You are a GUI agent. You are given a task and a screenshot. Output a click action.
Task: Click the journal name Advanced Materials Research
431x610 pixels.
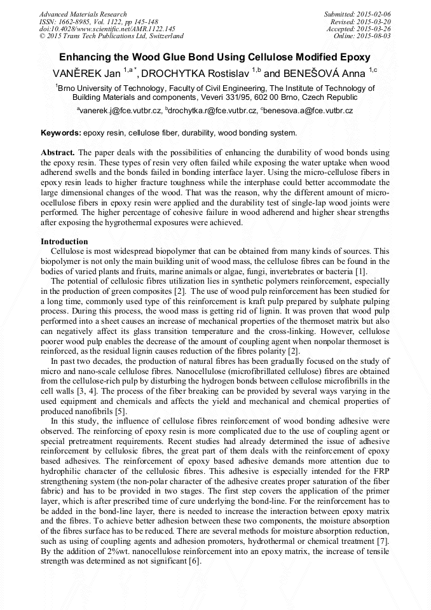[83, 14]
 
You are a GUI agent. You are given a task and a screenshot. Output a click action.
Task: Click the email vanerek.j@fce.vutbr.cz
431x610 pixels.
[120, 110]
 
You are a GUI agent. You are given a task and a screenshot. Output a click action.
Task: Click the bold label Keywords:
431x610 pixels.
[61, 133]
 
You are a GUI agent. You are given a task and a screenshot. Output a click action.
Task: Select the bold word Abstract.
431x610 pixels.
[58, 154]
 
